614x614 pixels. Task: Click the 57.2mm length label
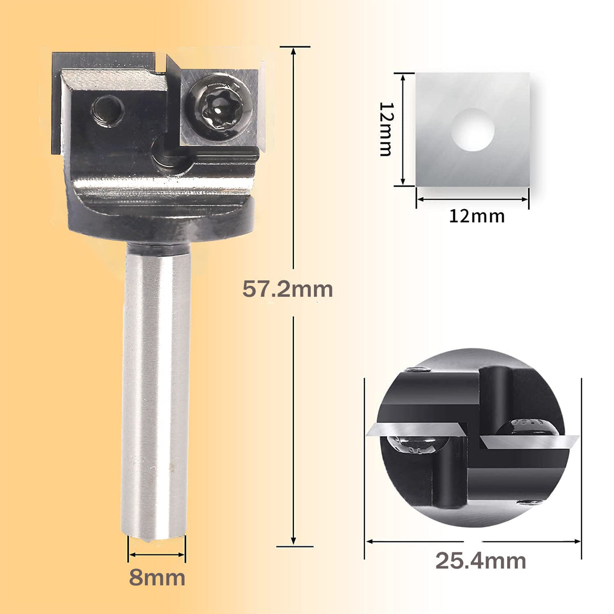tap(288, 289)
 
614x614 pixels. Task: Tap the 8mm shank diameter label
tap(157, 578)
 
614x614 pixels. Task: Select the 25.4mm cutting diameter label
tap(480, 561)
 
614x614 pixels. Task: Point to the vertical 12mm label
tap(386, 129)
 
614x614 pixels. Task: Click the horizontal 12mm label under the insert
tap(476, 216)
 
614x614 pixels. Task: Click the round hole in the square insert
tap(472, 130)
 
